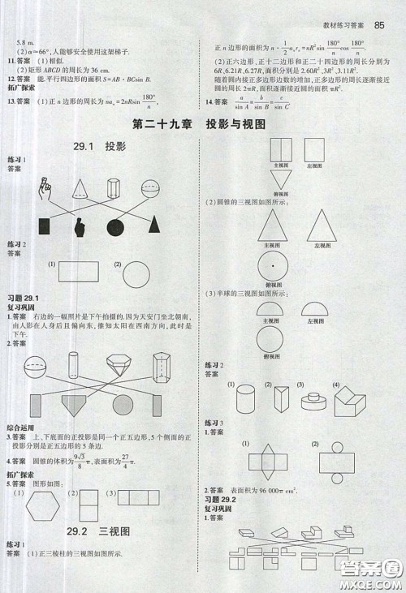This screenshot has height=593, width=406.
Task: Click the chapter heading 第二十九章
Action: tap(162, 125)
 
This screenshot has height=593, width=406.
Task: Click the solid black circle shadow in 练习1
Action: tap(115, 228)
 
